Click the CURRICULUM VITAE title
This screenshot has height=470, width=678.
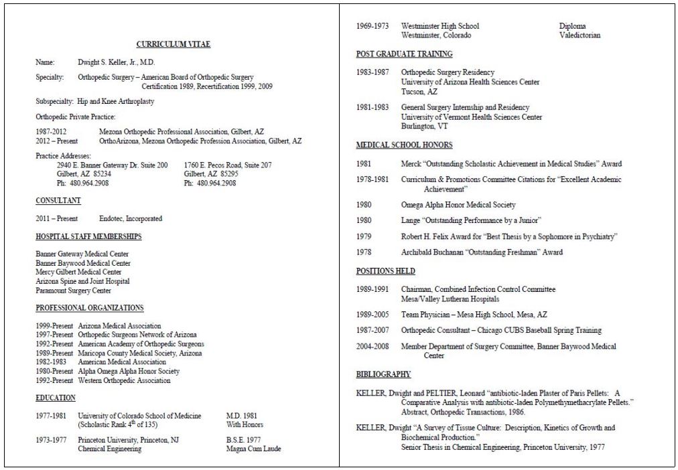click(x=174, y=44)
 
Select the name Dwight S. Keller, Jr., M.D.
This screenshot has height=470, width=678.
click(x=117, y=62)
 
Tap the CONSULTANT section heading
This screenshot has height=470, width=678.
click(x=58, y=201)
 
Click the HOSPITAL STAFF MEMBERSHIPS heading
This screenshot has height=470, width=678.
click(x=88, y=236)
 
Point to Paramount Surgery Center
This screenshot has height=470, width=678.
click(x=74, y=291)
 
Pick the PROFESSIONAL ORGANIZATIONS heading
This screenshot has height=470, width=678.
click(x=90, y=308)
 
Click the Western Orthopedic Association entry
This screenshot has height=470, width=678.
click(x=124, y=380)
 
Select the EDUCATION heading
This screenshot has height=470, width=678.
click(x=56, y=398)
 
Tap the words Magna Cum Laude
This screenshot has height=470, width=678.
click(x=254, y=449)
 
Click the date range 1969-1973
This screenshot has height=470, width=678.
click(x=372, y=26)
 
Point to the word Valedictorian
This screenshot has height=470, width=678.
click(x=580, y=35)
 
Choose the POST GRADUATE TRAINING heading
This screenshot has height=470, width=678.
click(x=404, y=54)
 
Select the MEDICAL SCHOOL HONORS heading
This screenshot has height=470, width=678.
click(x=404, y=145)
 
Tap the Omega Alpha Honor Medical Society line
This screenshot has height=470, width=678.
click(x=458, y=204)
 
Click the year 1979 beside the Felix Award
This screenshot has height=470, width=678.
click(x=364, y=236)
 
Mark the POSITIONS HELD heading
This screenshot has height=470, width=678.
click(x=385, y=271)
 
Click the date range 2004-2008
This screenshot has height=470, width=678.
click(x=372, y=346)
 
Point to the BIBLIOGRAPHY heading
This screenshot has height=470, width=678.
click(x=383, y=374)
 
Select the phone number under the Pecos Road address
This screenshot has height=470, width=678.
click(x=210, y=183)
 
